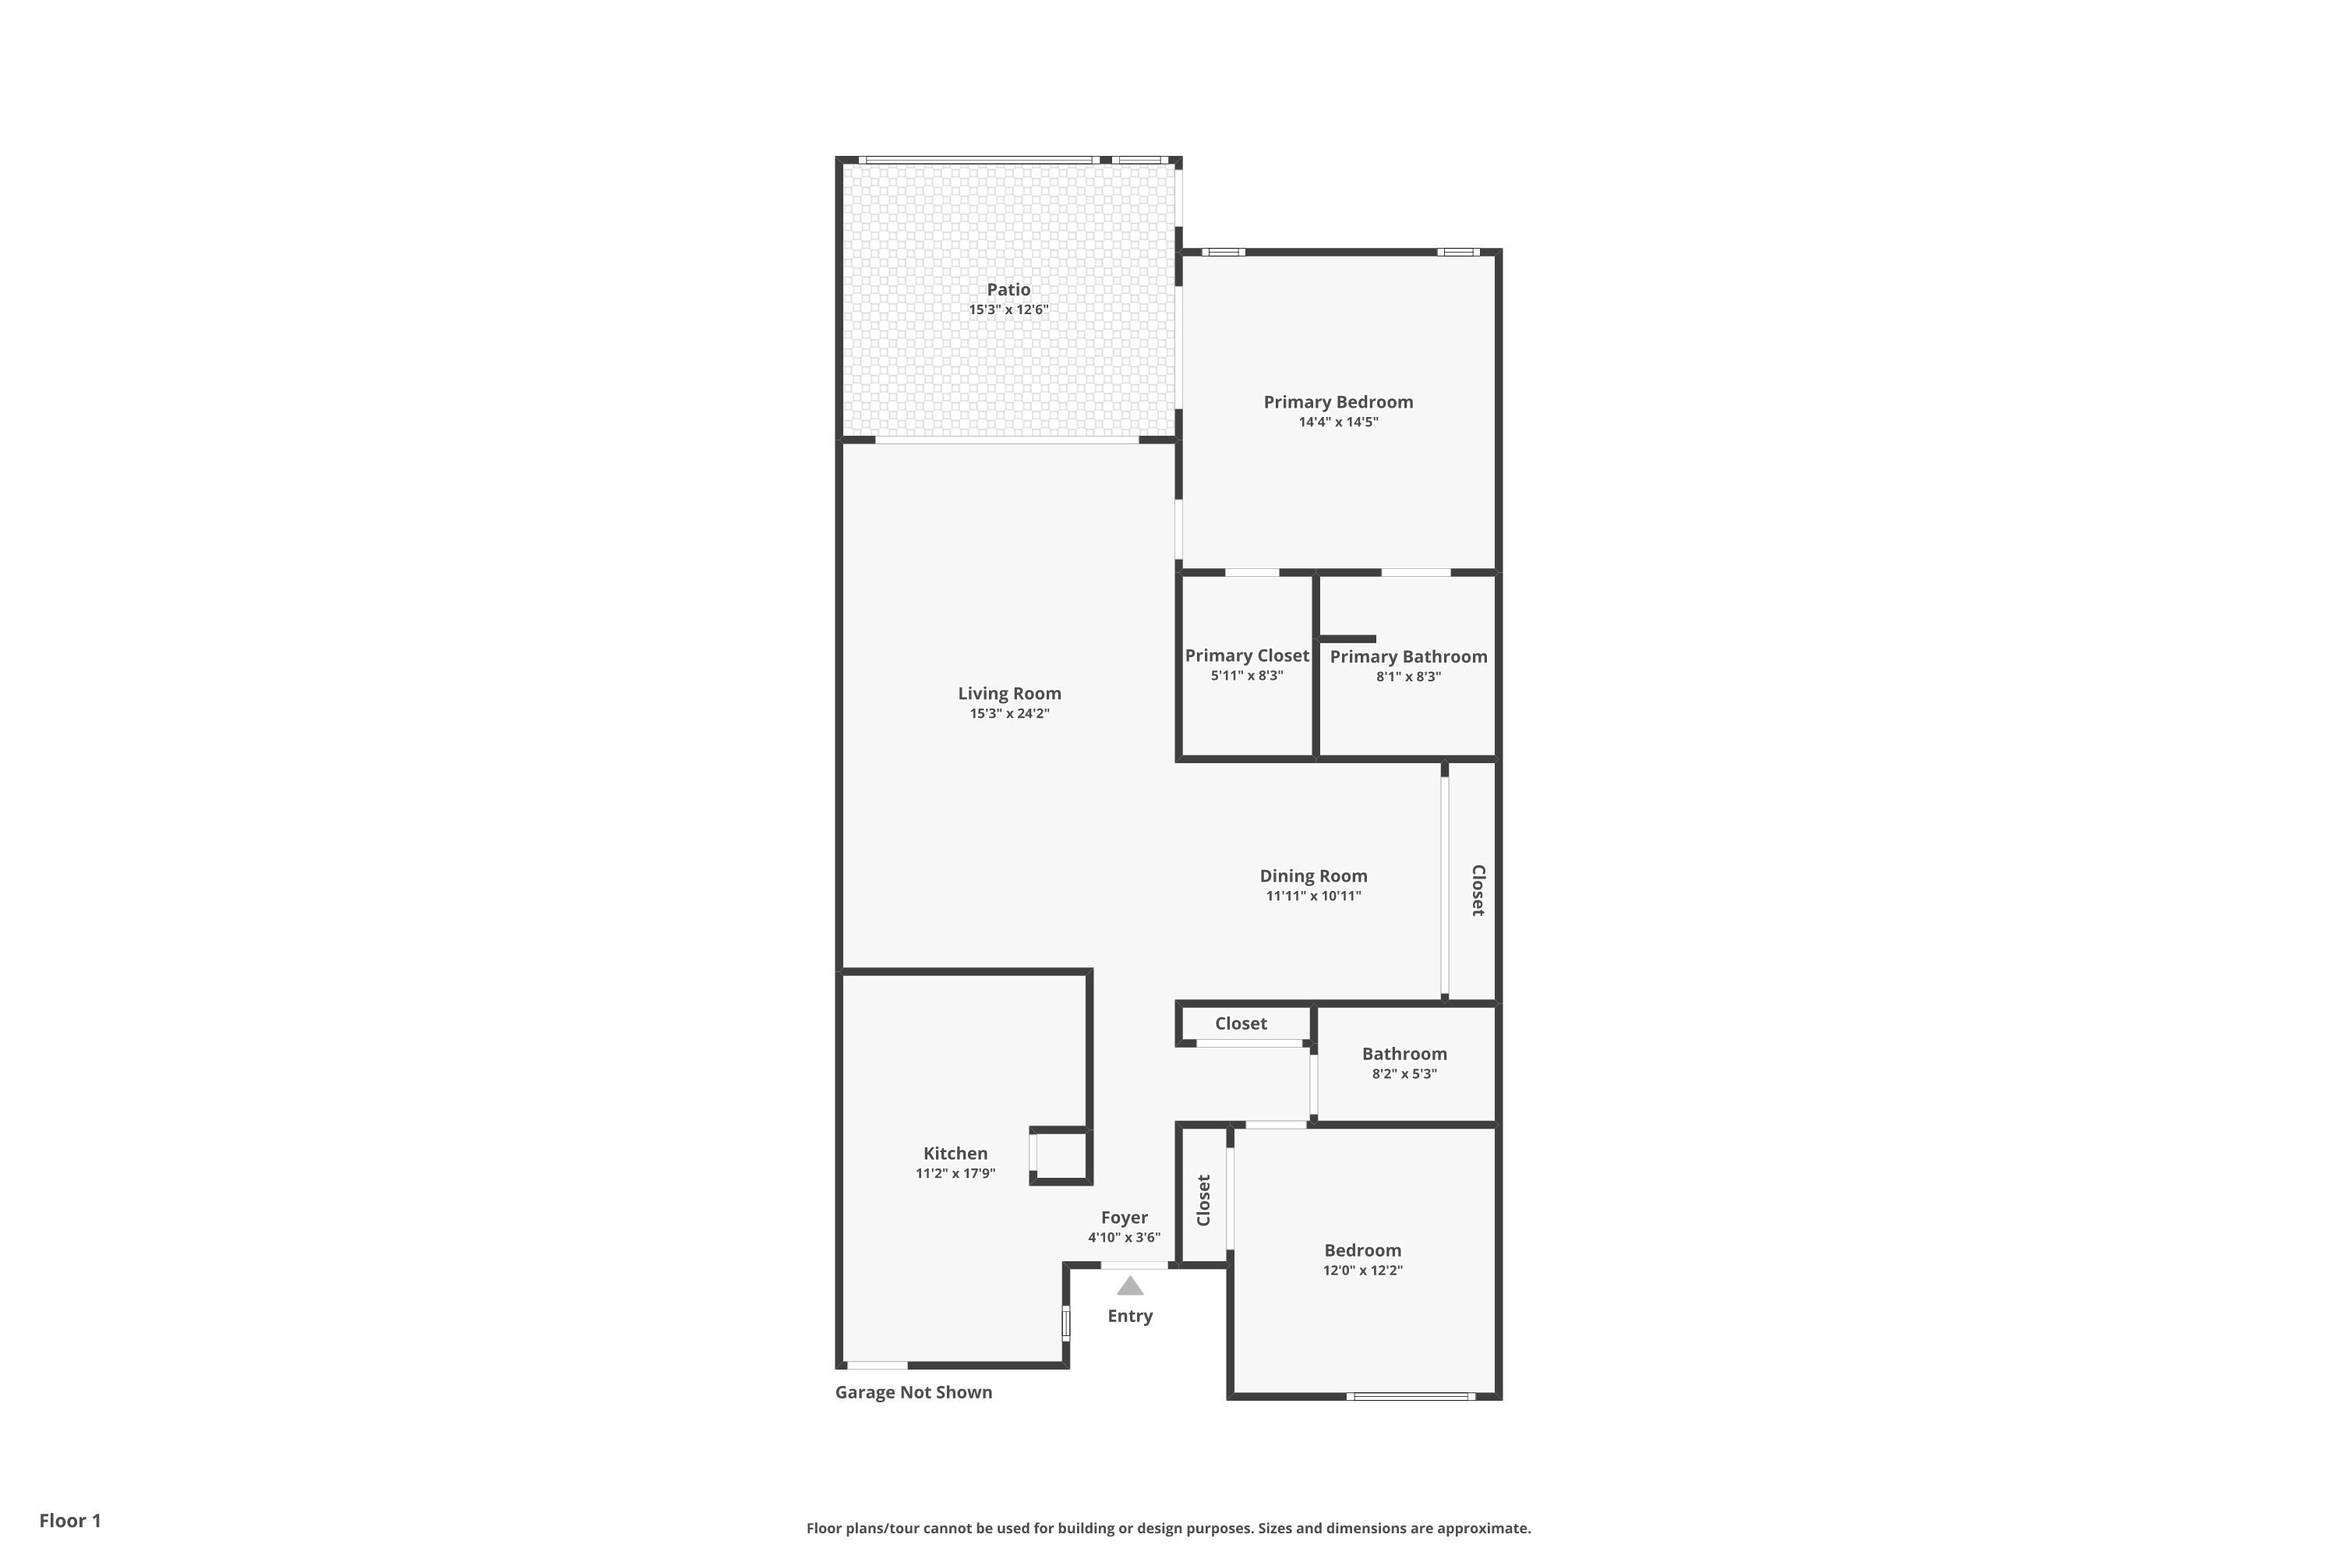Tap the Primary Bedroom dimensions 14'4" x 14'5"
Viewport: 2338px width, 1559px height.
tap(1338, 422)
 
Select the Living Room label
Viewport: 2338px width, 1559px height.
tap(1009, 694)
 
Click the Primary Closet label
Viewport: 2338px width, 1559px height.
tap(1246, 656)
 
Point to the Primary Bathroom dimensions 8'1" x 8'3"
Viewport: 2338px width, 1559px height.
tap(1408, 676)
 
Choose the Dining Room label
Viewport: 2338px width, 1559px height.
tap(1313, 876)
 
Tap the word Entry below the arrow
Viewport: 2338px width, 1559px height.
tap(1130, 1317)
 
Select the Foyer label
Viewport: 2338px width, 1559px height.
tap(1125, 1218)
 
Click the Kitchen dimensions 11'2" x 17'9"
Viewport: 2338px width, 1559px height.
tap(955, 1173)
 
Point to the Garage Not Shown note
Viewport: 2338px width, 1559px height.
tap(913, 1392)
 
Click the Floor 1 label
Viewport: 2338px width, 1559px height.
tap(69, 1520)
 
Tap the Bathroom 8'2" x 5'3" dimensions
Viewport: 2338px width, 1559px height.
tap(1404, 1074)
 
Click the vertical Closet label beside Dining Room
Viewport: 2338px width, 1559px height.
tap(1478, 890)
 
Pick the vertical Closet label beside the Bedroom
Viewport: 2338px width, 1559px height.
tap(1204, 1201)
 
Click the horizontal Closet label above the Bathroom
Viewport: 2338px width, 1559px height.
tap(1241, 1023)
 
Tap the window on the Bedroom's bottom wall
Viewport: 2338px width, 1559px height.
tap(1411, 1396)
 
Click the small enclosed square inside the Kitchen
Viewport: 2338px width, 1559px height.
tap(1061, 1156)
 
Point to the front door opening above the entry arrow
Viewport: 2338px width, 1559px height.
tap(1134, 1264)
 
